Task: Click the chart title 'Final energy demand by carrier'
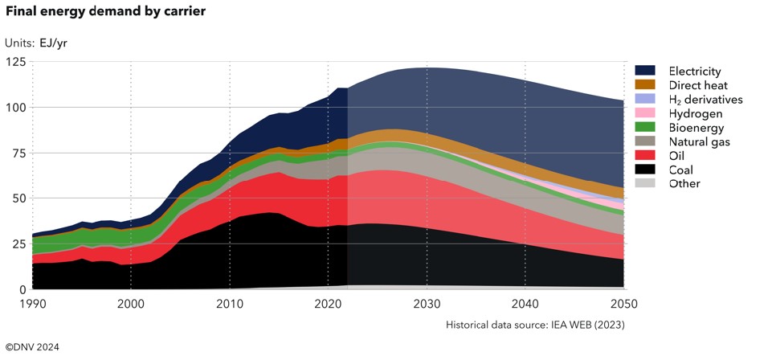click(x=104, y=12)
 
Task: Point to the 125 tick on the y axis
click(x=16, y=62)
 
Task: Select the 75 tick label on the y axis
click(x=18, y=153)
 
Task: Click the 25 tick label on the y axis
click(x=18, y=244)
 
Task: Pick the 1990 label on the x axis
click(x=32, y=304)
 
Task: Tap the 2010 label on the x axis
click(x=230, y=304)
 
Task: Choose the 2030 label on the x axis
click(x=427, y=304)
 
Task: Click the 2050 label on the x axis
click(x=624, y=304)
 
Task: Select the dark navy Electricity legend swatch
click(x=644, y=71)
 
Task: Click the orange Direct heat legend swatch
click(x=644, y=84)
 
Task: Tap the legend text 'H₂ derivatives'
click(x=706, y=100)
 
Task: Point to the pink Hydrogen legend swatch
click(x=644, y=113)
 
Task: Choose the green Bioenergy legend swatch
click(x=644, y=127)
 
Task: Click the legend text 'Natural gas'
click(x=700, y=142)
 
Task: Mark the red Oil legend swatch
click(x=644, y=156)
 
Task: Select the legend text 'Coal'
click(x=681, y=170)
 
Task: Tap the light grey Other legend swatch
click(x=644, y=184)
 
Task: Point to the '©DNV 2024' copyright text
click(x=32, y=347)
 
